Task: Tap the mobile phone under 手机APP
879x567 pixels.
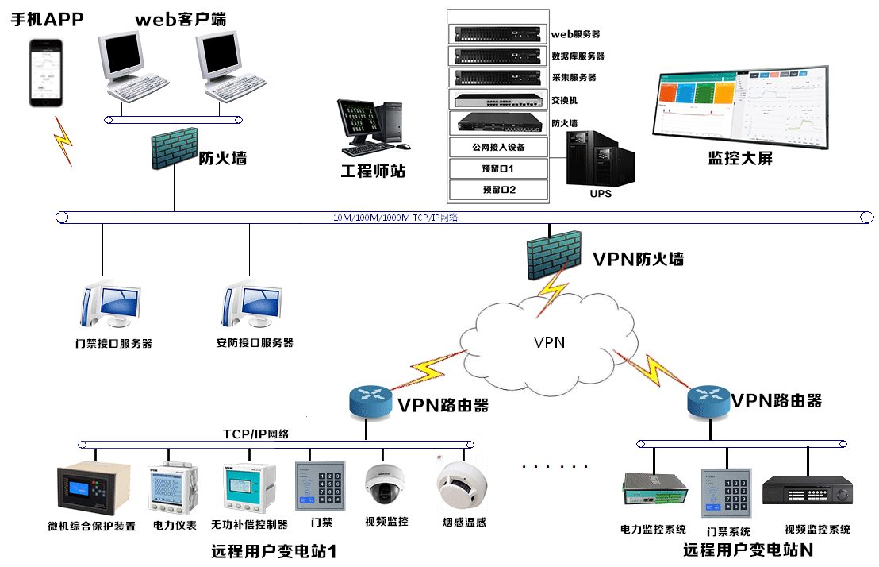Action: tap(45, 71)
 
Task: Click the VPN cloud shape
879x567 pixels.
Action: tap(549, 343)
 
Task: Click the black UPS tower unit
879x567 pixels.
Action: tap(601, 158)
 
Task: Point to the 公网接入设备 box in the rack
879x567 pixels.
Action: tap(498, 147)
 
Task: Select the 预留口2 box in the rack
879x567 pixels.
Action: tap(498, 190)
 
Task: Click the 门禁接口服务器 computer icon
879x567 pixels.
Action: tap(109, 305)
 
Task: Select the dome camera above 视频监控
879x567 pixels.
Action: tap(386, 484)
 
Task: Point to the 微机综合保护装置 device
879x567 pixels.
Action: tap(93, 489)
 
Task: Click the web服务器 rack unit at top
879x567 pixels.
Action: tap(498, 34)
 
